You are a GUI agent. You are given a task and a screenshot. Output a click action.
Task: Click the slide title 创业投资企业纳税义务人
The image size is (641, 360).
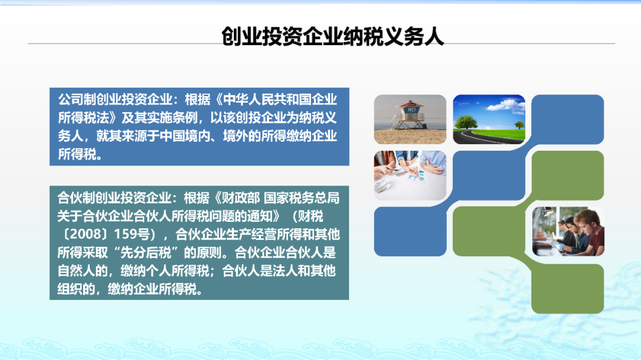pos(332,36)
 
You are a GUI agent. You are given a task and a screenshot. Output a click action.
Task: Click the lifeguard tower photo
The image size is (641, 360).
pos(410,119)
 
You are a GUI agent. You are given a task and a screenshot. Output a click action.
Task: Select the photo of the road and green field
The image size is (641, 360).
pos(489,119)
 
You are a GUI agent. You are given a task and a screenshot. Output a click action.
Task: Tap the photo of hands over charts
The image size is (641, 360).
pos(410,176)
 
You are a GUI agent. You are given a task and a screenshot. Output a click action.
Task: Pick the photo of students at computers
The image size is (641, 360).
pos(568,231)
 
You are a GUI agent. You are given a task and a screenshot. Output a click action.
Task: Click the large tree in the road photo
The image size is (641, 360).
pos(466,122)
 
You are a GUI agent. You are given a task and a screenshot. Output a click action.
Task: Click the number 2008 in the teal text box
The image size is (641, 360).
pos(84,234)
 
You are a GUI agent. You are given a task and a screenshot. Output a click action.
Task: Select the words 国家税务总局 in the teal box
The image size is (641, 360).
pos(302,197)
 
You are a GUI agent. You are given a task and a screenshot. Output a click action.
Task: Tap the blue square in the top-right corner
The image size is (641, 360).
pos(568,119)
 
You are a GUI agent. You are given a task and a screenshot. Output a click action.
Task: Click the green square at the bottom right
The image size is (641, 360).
pos(568,289)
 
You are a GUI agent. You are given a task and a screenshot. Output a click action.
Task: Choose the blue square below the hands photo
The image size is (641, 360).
pos(410,231)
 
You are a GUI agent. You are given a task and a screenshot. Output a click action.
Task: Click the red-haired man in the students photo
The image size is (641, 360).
pos(591,231)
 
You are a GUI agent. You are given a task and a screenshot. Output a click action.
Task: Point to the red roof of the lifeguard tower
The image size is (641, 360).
pos(410,103)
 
